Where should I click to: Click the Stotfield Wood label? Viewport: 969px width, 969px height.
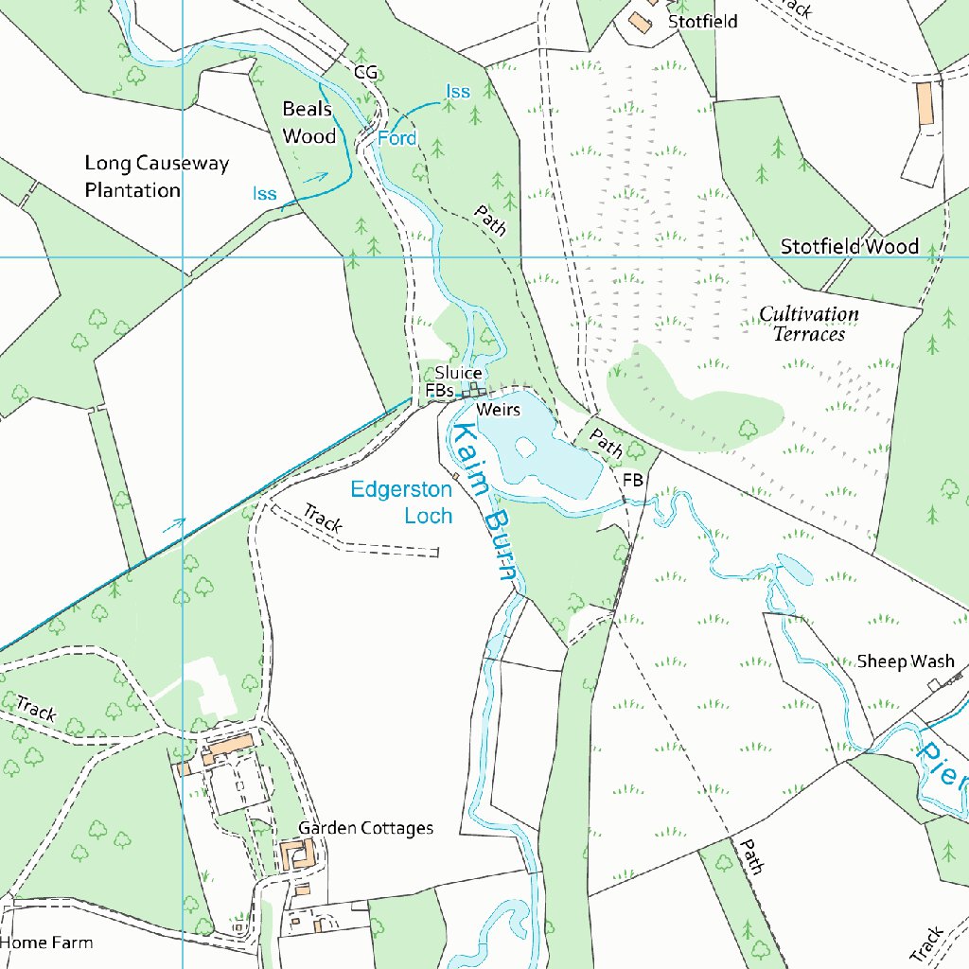pos(849,247)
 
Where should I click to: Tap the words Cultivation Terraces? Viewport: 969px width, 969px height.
pos(809,324)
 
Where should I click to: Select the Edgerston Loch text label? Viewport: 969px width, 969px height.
pos(401,502)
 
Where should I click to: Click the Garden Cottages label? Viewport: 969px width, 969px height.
pos(365,829)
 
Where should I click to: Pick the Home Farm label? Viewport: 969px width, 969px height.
pos(46,943)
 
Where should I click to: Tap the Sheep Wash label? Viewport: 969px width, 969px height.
pos(906,661)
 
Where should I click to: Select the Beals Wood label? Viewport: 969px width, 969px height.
pos(309,123)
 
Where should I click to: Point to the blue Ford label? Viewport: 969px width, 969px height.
pos(396,139)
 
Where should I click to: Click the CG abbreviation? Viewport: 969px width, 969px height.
pos(365,72)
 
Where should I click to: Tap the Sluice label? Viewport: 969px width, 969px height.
pos(458,373)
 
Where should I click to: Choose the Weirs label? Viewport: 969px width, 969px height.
pos(499,410)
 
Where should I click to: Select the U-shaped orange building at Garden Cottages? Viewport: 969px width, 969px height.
pos(296,855)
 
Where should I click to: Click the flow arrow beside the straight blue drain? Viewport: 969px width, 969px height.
pos(173,525)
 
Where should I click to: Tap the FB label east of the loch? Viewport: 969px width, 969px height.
pos(632,481)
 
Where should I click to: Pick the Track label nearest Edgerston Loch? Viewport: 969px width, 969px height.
pos(323,519)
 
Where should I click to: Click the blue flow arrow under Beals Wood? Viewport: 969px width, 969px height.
pos(315,176)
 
